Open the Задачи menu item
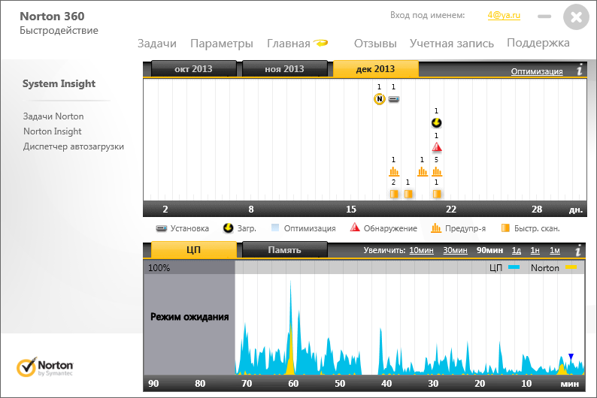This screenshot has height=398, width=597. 157,44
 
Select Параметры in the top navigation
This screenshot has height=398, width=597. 221,44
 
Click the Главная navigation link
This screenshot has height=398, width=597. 289,44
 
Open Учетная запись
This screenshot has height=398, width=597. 452,44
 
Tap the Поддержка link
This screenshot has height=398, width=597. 538,43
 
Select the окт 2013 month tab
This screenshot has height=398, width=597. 193,69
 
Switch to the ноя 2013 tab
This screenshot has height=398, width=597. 284,69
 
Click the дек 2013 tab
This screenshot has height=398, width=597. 375,69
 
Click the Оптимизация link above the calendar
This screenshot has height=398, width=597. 537,71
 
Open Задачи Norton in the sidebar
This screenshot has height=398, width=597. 53,116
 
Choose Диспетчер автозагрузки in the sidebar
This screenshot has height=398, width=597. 73,146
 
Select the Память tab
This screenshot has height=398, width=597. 284,250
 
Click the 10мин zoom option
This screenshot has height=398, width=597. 420,250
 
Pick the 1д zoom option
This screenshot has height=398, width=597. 517,250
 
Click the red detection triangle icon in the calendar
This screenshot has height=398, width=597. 437,147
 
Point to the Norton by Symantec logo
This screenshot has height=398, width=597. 45,367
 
